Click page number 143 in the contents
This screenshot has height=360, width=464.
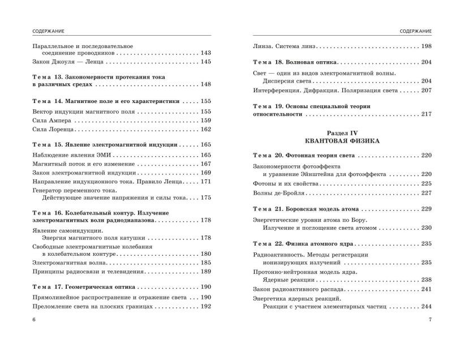205,53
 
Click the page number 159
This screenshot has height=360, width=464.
205,121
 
